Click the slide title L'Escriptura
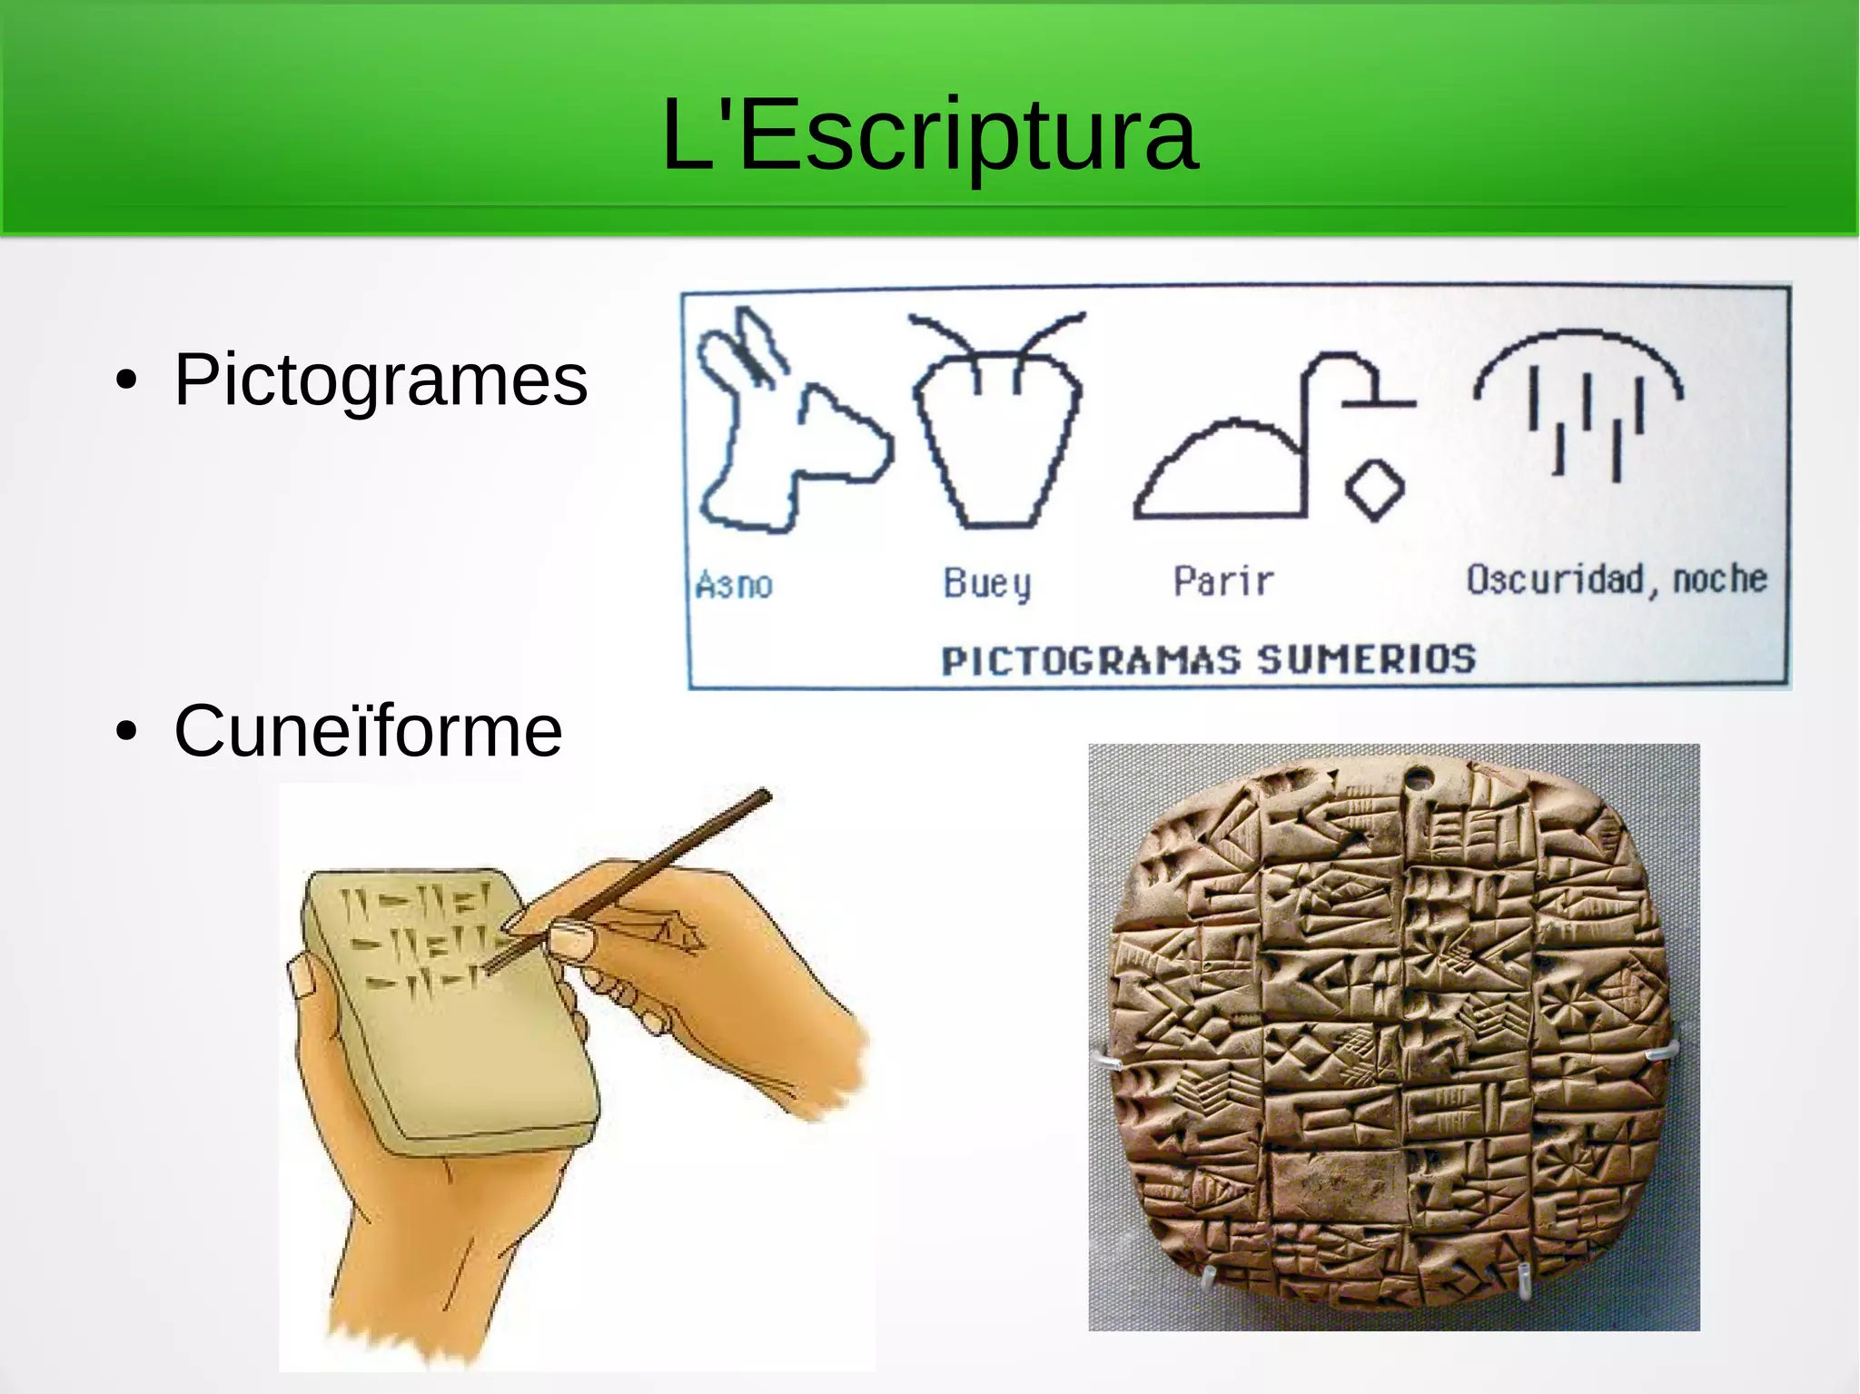(930, 136)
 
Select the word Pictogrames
(381, 380)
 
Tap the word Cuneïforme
(368, 731)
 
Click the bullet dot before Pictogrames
(127, 381)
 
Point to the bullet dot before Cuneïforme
(127, 731)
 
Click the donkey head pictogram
(781, 427)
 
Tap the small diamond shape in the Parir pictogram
(1374, 489)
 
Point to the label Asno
(734, 585)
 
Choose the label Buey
(987, 583)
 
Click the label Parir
(1223, 581)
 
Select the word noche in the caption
(1720, 578)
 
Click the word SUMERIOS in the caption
(1366, 659)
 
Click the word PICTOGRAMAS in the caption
(1090, 661)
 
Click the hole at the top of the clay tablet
(1419, 777)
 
